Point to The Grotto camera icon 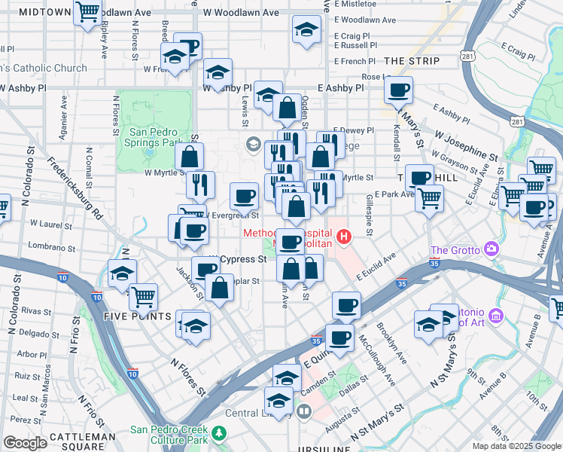491,249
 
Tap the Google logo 25,443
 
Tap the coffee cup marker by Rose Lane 398,90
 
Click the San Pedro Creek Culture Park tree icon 218,433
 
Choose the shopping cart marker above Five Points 143,296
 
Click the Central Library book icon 303,412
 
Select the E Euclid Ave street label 376,269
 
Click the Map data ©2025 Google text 516,446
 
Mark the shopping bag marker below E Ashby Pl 287,108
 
